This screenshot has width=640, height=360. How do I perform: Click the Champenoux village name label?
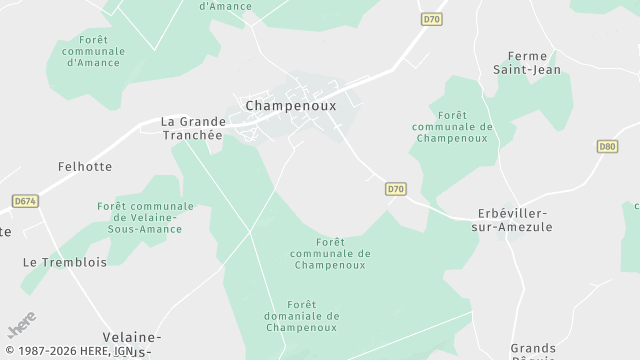pyautogui.click(x=290, y=104)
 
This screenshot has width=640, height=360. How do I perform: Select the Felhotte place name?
pyautogui.click(x=85, y=166)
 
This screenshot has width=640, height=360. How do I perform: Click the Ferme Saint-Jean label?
pyautogui.click(x=534, y=62)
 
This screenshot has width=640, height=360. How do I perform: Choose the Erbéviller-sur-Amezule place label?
pyautogui.click(x=513, y=220)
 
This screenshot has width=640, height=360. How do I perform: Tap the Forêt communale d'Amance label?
pyautogui.click(x=93, y=50)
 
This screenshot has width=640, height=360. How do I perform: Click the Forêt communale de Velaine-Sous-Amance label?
pyautogui.click(x=146, y=217)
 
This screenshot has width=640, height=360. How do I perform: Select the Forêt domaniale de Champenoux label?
pyautogui.click(x=313, y=316)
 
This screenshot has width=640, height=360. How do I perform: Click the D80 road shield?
pyautogui.click(x=607, y=146)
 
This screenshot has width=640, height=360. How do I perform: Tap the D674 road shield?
pyautogui.click(x=25, y=201)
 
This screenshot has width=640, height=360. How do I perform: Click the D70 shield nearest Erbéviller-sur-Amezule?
pyautogui.click(x=396, y=188)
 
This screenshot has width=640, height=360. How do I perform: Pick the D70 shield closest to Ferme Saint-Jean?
pyautogui.click(x=431, y=19)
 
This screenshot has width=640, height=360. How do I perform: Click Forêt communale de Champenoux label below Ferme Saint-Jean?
pyautogui.click(x=453, y=127)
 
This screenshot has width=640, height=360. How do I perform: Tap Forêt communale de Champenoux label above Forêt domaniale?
pyautogui.click(x=330, y=253)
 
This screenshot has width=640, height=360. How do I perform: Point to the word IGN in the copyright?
pyautogui.click(x=123, y=351)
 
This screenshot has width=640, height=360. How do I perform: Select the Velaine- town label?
pyautogui.click(x=132, y=337)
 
